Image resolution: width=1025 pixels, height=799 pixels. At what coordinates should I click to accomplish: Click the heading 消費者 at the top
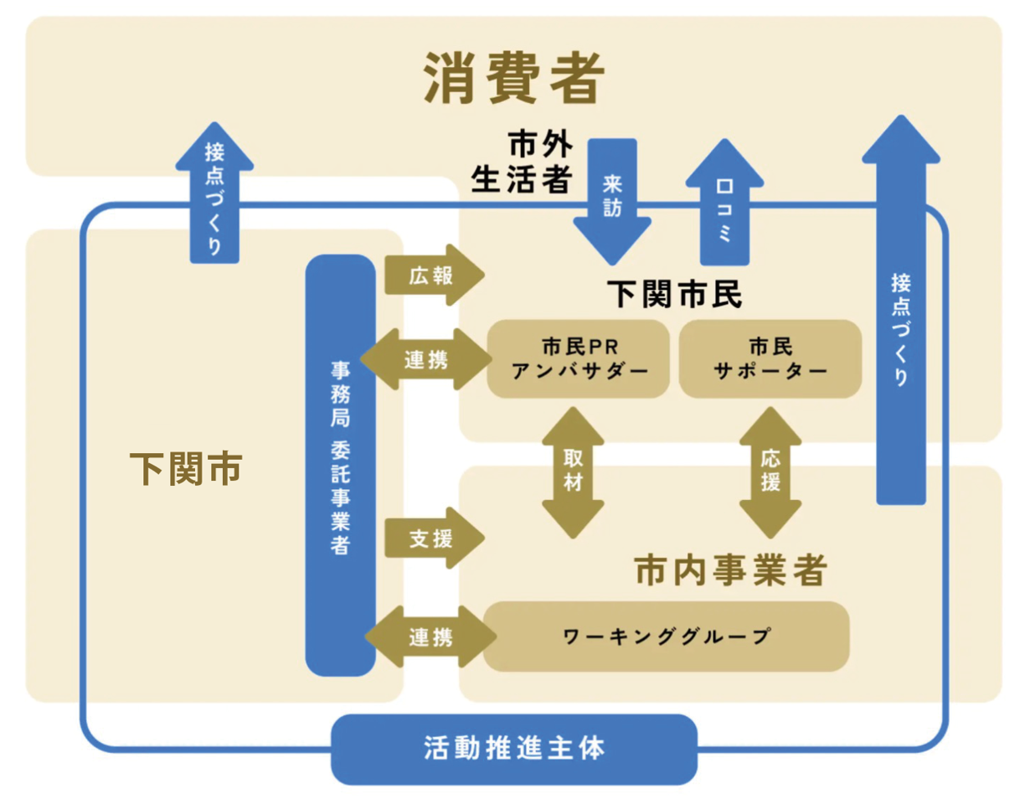pyautogui.click(x=513, y=79)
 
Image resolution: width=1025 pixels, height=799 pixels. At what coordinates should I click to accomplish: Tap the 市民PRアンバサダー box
pyautogui.click(x=579, y=358)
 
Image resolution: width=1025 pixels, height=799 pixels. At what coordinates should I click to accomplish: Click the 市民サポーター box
pyautogui.click(x=770, y=358)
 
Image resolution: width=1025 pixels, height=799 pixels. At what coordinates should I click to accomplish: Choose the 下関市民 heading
pyautogui.click(x=675, y=295)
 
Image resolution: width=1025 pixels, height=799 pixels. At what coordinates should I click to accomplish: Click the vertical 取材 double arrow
pyautogui.click(x=573, y=472)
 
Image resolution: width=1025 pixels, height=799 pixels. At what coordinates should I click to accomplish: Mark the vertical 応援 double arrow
pyautogui.click(x=770, y=471)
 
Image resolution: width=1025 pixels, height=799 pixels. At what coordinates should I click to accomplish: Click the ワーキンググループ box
pyautogui.click(x=667, y=636)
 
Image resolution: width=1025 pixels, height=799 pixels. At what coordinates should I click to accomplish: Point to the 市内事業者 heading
pyautogui.click(x=730, y=571)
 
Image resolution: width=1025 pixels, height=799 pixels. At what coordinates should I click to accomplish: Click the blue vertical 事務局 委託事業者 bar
pyautogui.click(x=340, y=465)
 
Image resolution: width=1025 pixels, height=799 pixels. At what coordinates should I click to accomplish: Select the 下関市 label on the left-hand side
pyautogui.click(x=186, y=467)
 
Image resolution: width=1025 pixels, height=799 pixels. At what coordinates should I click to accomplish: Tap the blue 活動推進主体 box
pyautogui.click(x=514, y=748)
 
